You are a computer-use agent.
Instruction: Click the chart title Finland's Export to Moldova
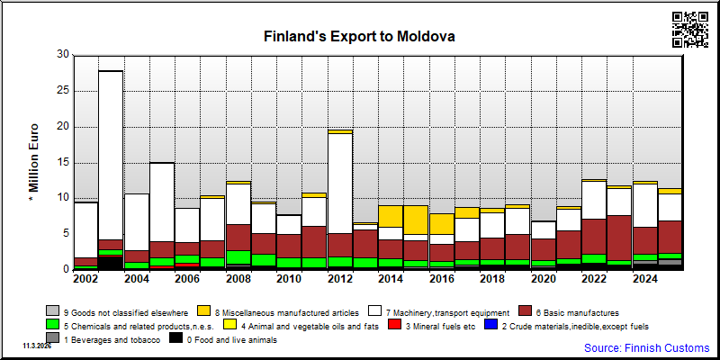[359, 36]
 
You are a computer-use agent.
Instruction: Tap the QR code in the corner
[690, 30]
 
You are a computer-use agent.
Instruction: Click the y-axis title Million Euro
[33, 162]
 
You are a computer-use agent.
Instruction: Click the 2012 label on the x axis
[340, 279]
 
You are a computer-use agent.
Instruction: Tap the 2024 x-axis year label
[645, 279]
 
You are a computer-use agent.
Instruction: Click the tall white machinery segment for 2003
[110, 155]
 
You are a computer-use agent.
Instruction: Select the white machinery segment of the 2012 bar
[340, 184]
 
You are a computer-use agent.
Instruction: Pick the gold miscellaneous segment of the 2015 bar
[416, 220]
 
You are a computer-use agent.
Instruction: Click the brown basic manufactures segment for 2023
[619, 238]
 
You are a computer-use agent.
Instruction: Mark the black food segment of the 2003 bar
[110, 263]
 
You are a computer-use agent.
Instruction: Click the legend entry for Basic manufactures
[569, 312]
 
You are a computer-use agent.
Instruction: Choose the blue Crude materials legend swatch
[490, 326]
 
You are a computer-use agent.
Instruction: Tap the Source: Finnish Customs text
[646, 347]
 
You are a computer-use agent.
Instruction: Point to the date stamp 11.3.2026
[37, 346]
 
